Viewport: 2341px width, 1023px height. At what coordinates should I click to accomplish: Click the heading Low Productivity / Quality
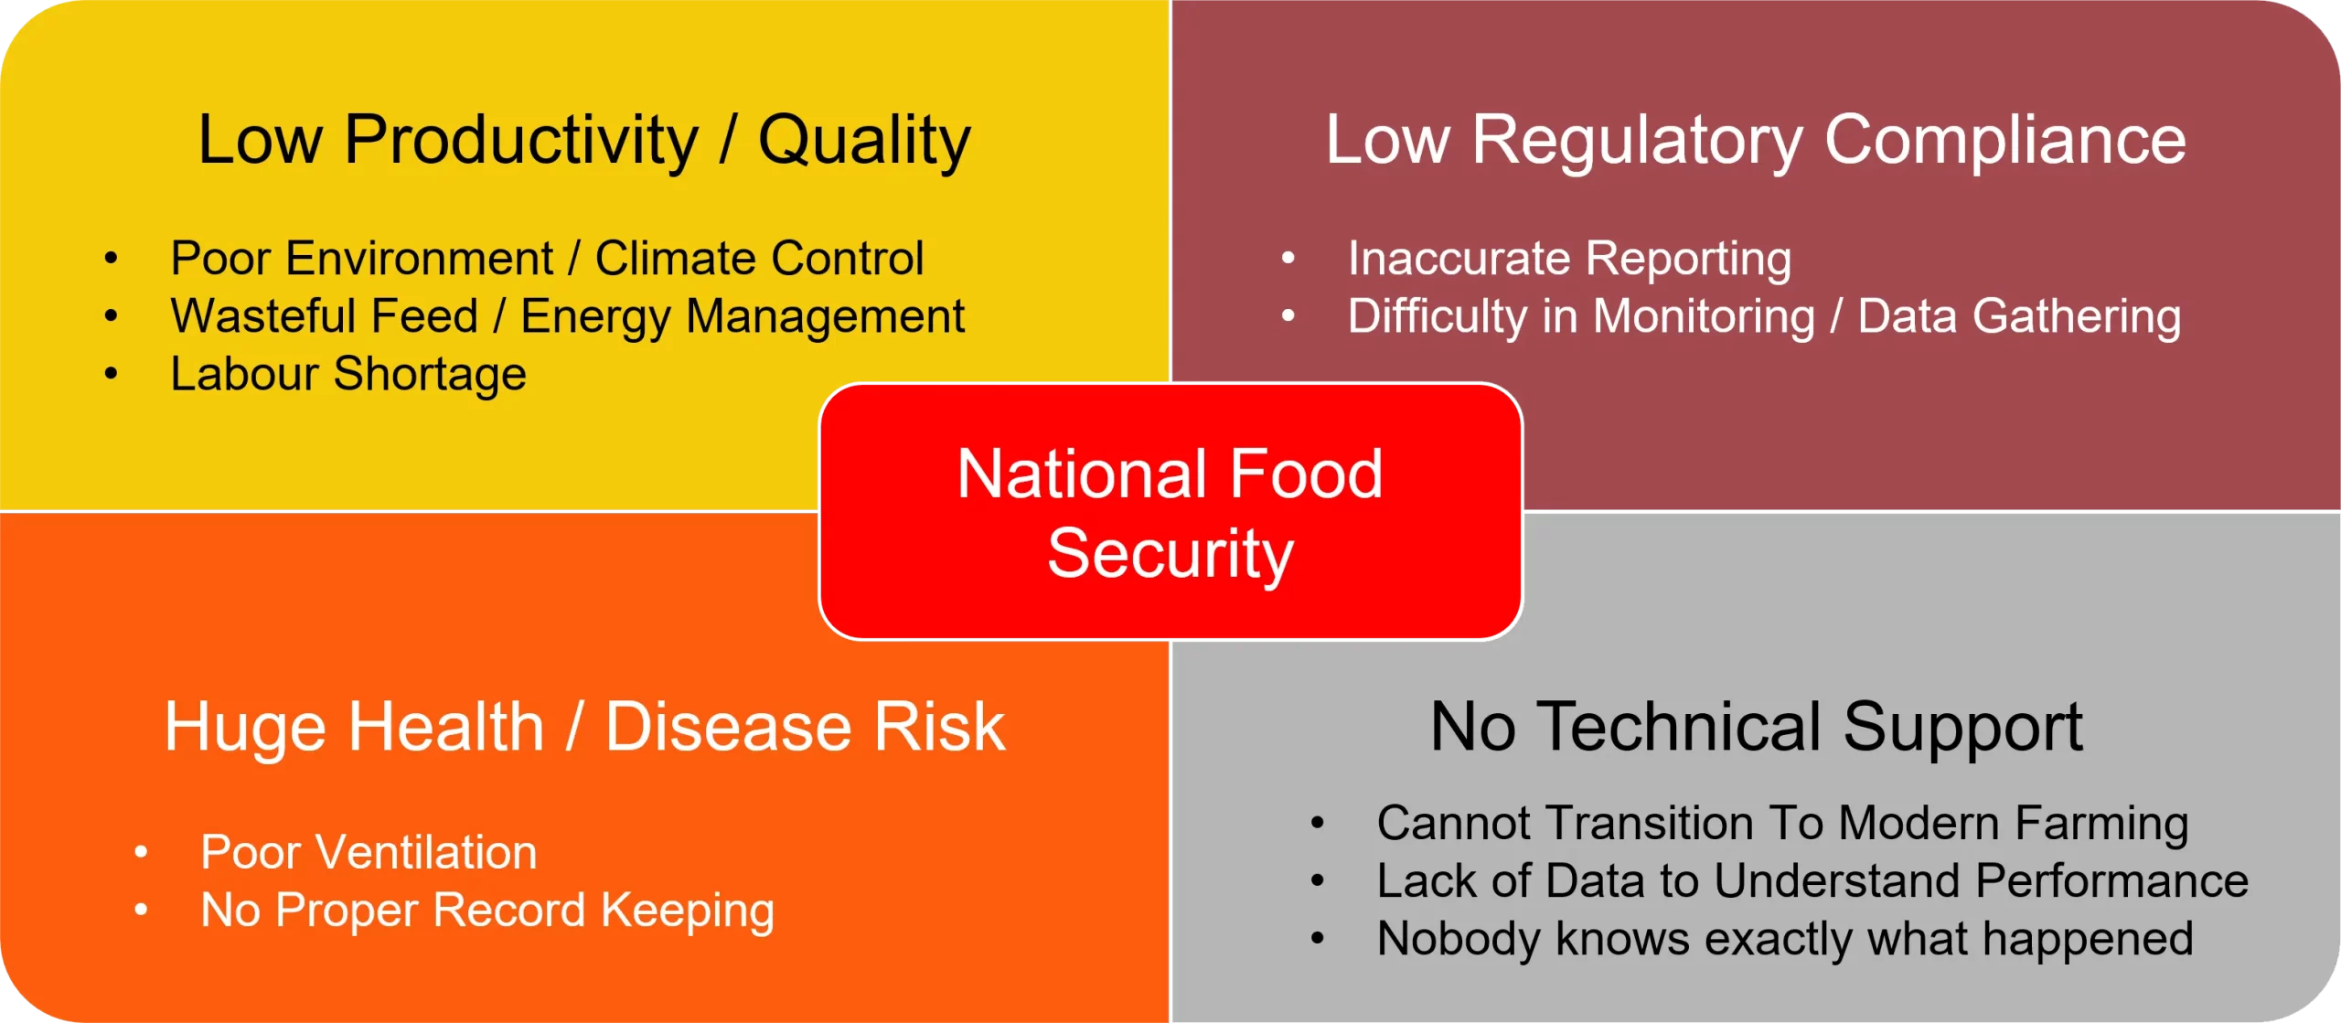pyautogui.click(x=584, y=141)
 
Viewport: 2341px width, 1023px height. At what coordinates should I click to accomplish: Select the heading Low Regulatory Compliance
pyautogui.click(x=1756, y=141)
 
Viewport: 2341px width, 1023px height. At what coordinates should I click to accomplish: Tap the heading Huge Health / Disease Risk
pyautogui.click(x=584, y=728)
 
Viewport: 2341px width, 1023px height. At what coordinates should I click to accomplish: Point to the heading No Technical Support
pyautogui.click(x=1757, y=728)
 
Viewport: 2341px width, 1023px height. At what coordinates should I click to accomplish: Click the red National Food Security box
pyautogui.click(x=1170, y=512)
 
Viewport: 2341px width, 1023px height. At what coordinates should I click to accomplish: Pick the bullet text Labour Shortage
pyautogui.click(x=348, y=375)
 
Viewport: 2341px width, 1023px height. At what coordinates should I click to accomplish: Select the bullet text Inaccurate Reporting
pyautogui.click(x=1569, y=259)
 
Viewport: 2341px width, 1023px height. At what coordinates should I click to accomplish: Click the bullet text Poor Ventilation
pyautogui.click(x=369, y=852)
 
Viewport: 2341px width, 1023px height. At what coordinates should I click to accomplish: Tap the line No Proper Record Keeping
pyautogui.click(x=487, y=911)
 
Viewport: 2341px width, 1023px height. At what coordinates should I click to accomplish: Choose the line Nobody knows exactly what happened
pyautogui.click(x=1785, y=940)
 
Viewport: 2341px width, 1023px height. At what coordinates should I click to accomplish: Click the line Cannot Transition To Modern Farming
pyautogui.click(x=1783, y=824)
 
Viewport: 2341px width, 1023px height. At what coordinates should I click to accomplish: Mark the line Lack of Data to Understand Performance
pyautogui.click(x=1812, y=881)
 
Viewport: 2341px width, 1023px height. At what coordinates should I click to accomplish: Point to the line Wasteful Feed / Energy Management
pyautogui.click(x=568, y=317)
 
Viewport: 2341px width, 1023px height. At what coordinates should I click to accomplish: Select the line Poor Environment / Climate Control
pyautogui.click(x=547, y=259)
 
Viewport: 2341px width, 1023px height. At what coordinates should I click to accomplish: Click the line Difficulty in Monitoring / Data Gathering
pyautogui.click(x=1765, y=317)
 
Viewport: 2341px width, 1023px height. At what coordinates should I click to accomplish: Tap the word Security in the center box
pyautogui.click(x=1170, y=554)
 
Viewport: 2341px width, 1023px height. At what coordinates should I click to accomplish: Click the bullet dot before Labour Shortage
pyautogui.click(x=111, y=373)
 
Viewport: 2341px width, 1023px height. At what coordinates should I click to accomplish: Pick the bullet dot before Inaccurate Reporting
pyautogui.click(x=1288, y=258)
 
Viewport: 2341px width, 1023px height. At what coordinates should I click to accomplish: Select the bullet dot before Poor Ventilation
pyautogui.click(x=141, y=852)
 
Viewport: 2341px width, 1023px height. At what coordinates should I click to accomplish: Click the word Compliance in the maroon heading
pyautogui.click(x=2005, y=141)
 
